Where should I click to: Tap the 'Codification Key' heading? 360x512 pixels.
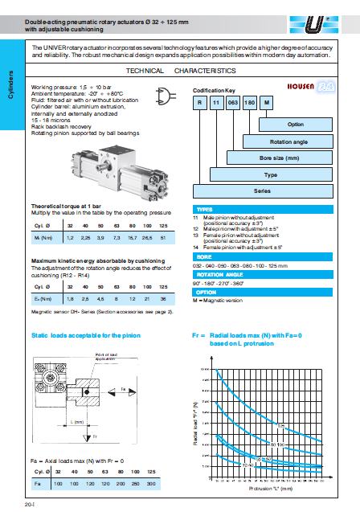point(213,91)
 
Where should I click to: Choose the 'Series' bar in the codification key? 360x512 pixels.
point(264,191)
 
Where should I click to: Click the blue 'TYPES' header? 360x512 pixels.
point(205,207)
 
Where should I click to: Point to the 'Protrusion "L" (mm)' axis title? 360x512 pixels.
point(270,487)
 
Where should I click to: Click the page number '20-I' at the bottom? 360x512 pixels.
point(29,504)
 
